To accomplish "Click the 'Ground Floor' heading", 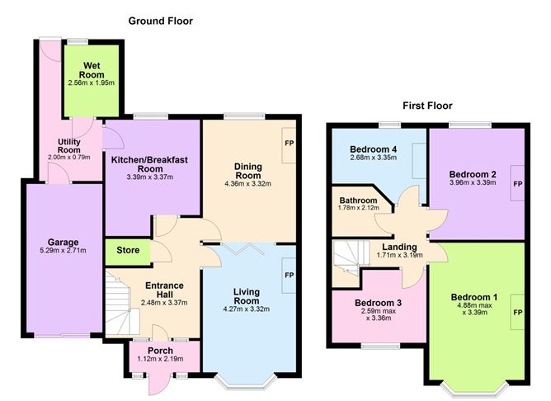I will click(160, 21).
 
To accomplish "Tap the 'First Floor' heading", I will click(426, 106).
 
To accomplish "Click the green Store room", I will click(127, 250).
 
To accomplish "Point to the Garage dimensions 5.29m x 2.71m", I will click(63, 251).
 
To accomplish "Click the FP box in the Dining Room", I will click(289, 142).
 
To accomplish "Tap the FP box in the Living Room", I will click(289, 275).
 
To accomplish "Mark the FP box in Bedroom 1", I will click(517, 314).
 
